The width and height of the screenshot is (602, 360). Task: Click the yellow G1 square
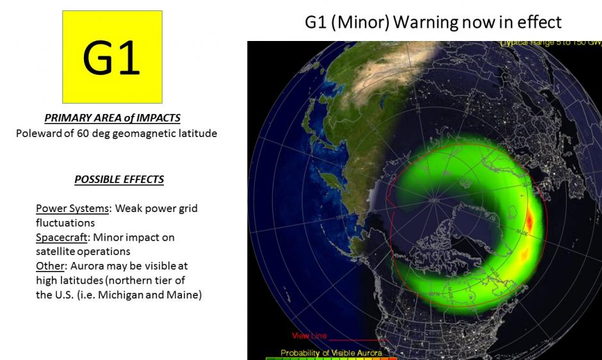pos(112,57)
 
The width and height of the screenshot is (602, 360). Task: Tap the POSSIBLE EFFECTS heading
pos(119,179)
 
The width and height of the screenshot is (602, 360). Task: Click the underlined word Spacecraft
pos(61,238)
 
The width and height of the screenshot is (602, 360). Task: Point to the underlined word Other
pos(49,266)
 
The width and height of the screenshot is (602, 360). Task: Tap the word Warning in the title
pos(425,22)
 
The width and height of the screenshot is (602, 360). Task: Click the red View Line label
pos(309,336)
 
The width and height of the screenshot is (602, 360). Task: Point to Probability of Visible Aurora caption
pos(331,352)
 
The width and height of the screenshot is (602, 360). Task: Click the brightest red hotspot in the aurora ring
pos(530,221)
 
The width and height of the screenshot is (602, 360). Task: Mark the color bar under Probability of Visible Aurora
pos(331,358)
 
